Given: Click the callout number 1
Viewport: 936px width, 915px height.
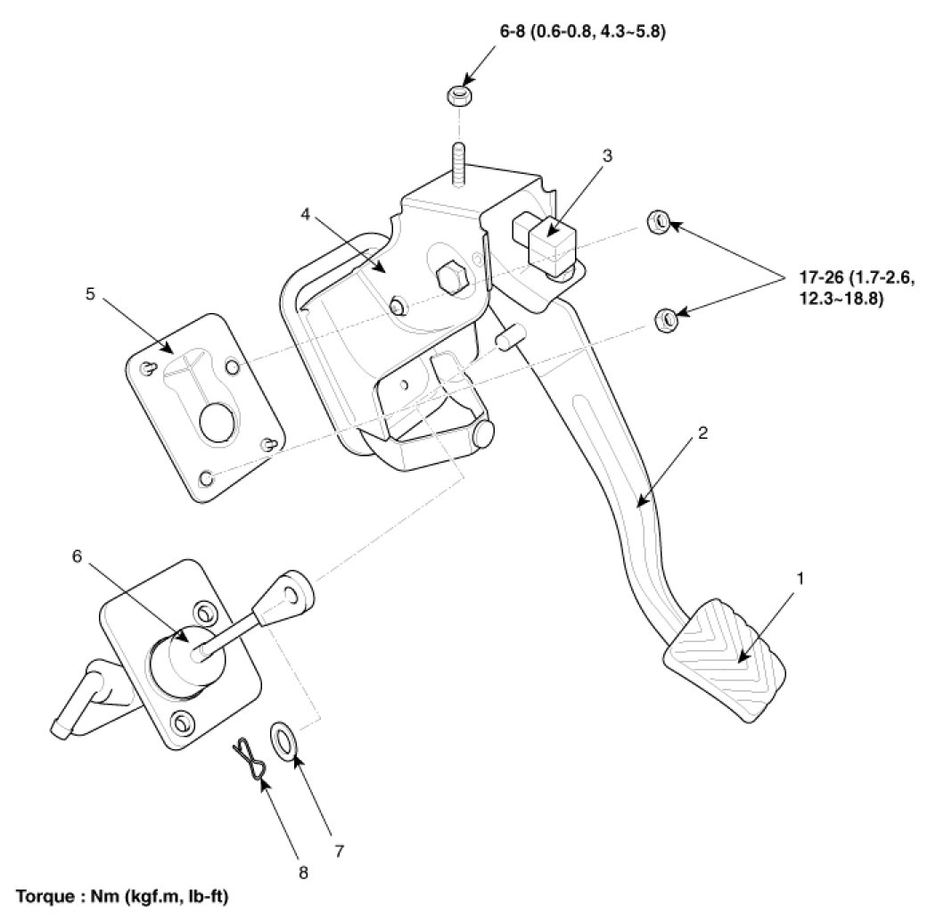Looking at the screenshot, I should click(800, 579).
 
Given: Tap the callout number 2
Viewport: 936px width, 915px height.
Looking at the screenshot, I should click(703, 433).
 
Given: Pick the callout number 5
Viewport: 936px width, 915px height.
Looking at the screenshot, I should click(90, 295).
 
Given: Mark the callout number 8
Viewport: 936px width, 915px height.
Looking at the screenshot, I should click(303, 874).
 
